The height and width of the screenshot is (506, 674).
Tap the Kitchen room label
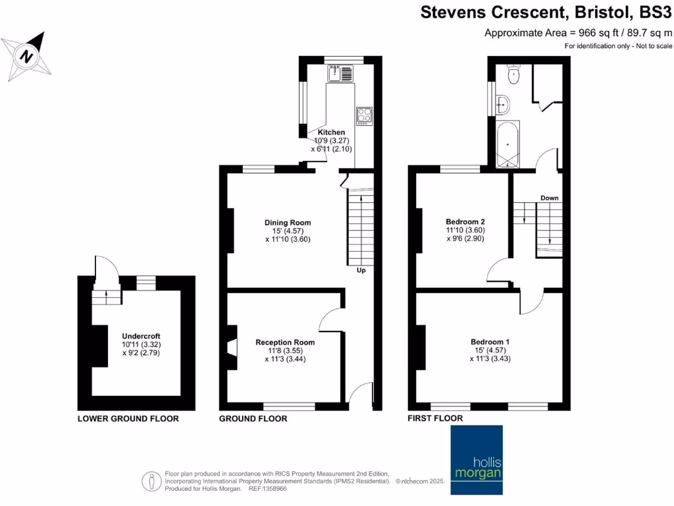331,132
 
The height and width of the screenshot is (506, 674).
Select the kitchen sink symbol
340,73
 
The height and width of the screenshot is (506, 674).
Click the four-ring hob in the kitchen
365,116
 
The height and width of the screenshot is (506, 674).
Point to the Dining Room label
288,223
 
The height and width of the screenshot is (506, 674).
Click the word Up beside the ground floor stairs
361,270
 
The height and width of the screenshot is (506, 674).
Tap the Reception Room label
285,343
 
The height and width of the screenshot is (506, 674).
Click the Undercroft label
141,336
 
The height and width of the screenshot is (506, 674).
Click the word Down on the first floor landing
550,198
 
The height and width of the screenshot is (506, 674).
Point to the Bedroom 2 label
465,221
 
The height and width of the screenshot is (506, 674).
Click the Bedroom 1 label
490,342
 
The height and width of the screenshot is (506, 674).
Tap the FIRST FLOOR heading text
434,418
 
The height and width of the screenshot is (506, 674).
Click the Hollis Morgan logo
476,460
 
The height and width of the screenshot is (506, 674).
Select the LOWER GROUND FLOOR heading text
128,419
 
